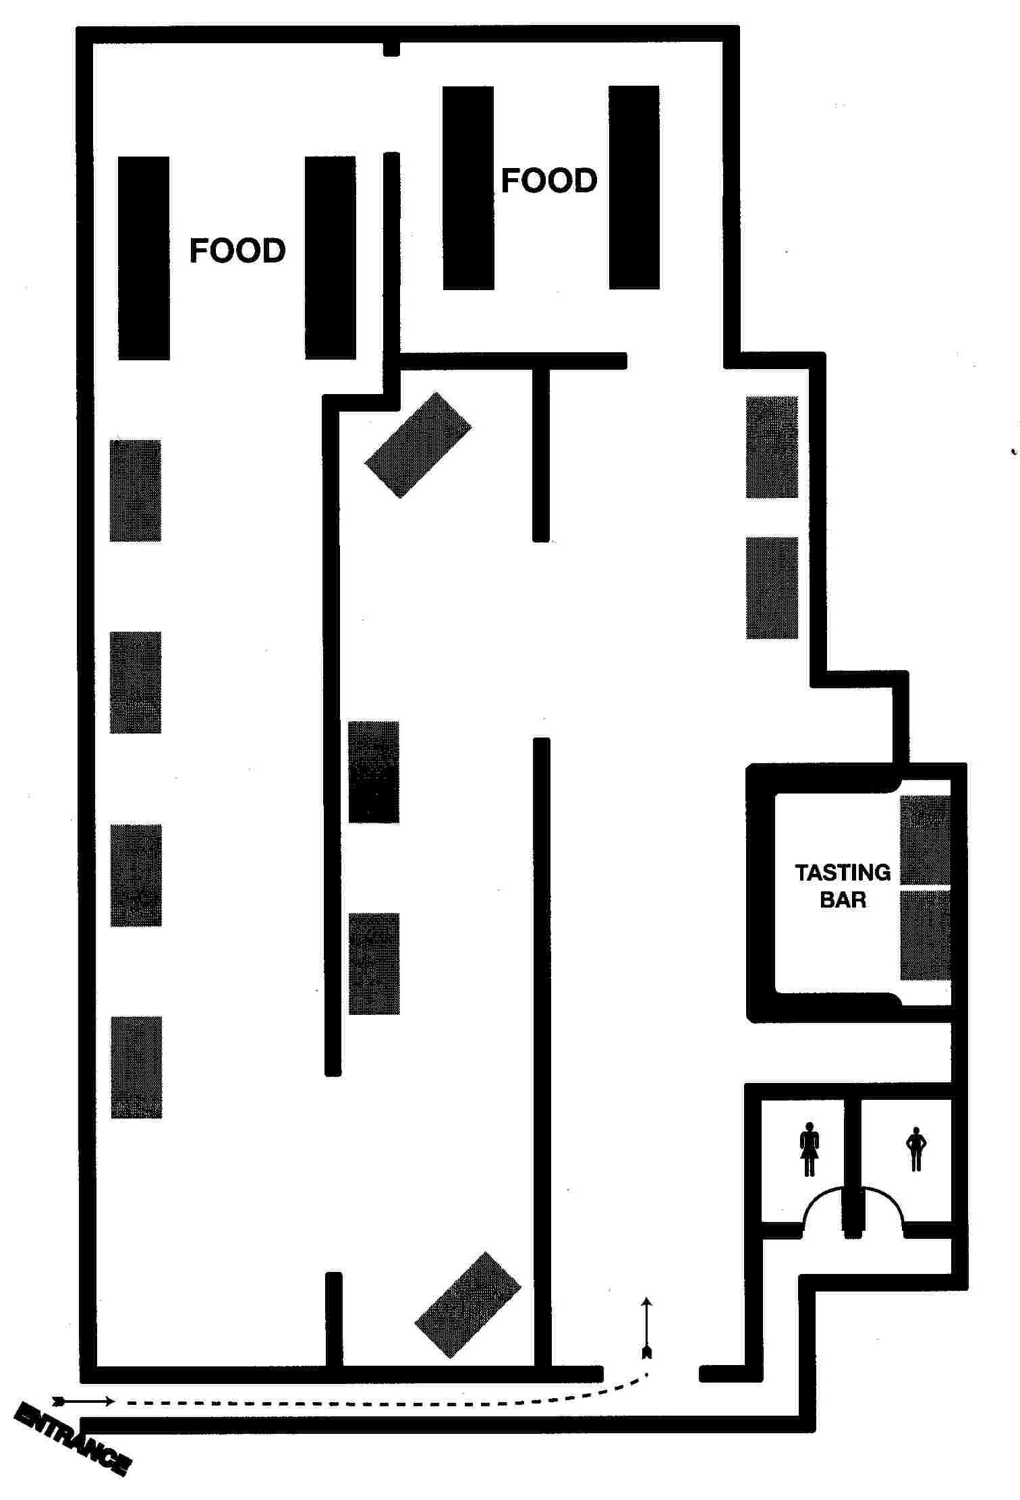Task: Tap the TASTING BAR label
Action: pyautogui.click(x=843, y=886)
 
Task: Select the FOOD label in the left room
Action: pyautogui.click(x=237, y=250)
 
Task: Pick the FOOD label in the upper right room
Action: pyautogui.click(x=549, y=180)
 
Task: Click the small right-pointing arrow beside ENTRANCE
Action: pyautogui.click(x=84, y=1401)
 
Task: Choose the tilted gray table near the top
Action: pyautogui.click(x=418, y=445)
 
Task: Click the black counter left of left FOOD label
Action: pyautogui.click(x=144, y=258)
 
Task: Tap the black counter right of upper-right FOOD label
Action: pyautogui.click(x=634, y=188)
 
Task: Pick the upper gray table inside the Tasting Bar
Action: pyautogui.click(x=926, y=839)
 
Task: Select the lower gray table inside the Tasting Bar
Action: pyautogui.click(x=926, y=935)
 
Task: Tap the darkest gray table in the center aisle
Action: pyautogui.click(x=374, y=772)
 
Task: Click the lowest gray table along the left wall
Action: pyautogui.click(x=136, y=1067)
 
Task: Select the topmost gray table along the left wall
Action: pyautogui.click(x=136, y=491)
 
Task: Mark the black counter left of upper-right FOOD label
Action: pyautogui.click(x=468, y=188)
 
